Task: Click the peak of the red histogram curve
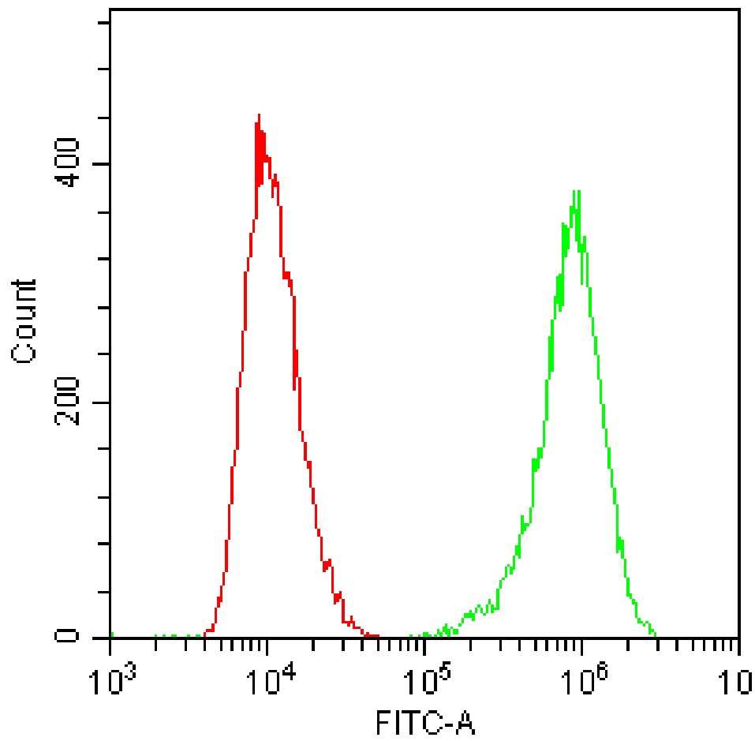[x=258, y=116]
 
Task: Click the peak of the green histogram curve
[x=577, y=191]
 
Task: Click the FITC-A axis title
[x=426, y=722]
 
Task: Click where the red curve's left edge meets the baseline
[x=205, y=635]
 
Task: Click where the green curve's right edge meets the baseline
[x=656, y=635]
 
